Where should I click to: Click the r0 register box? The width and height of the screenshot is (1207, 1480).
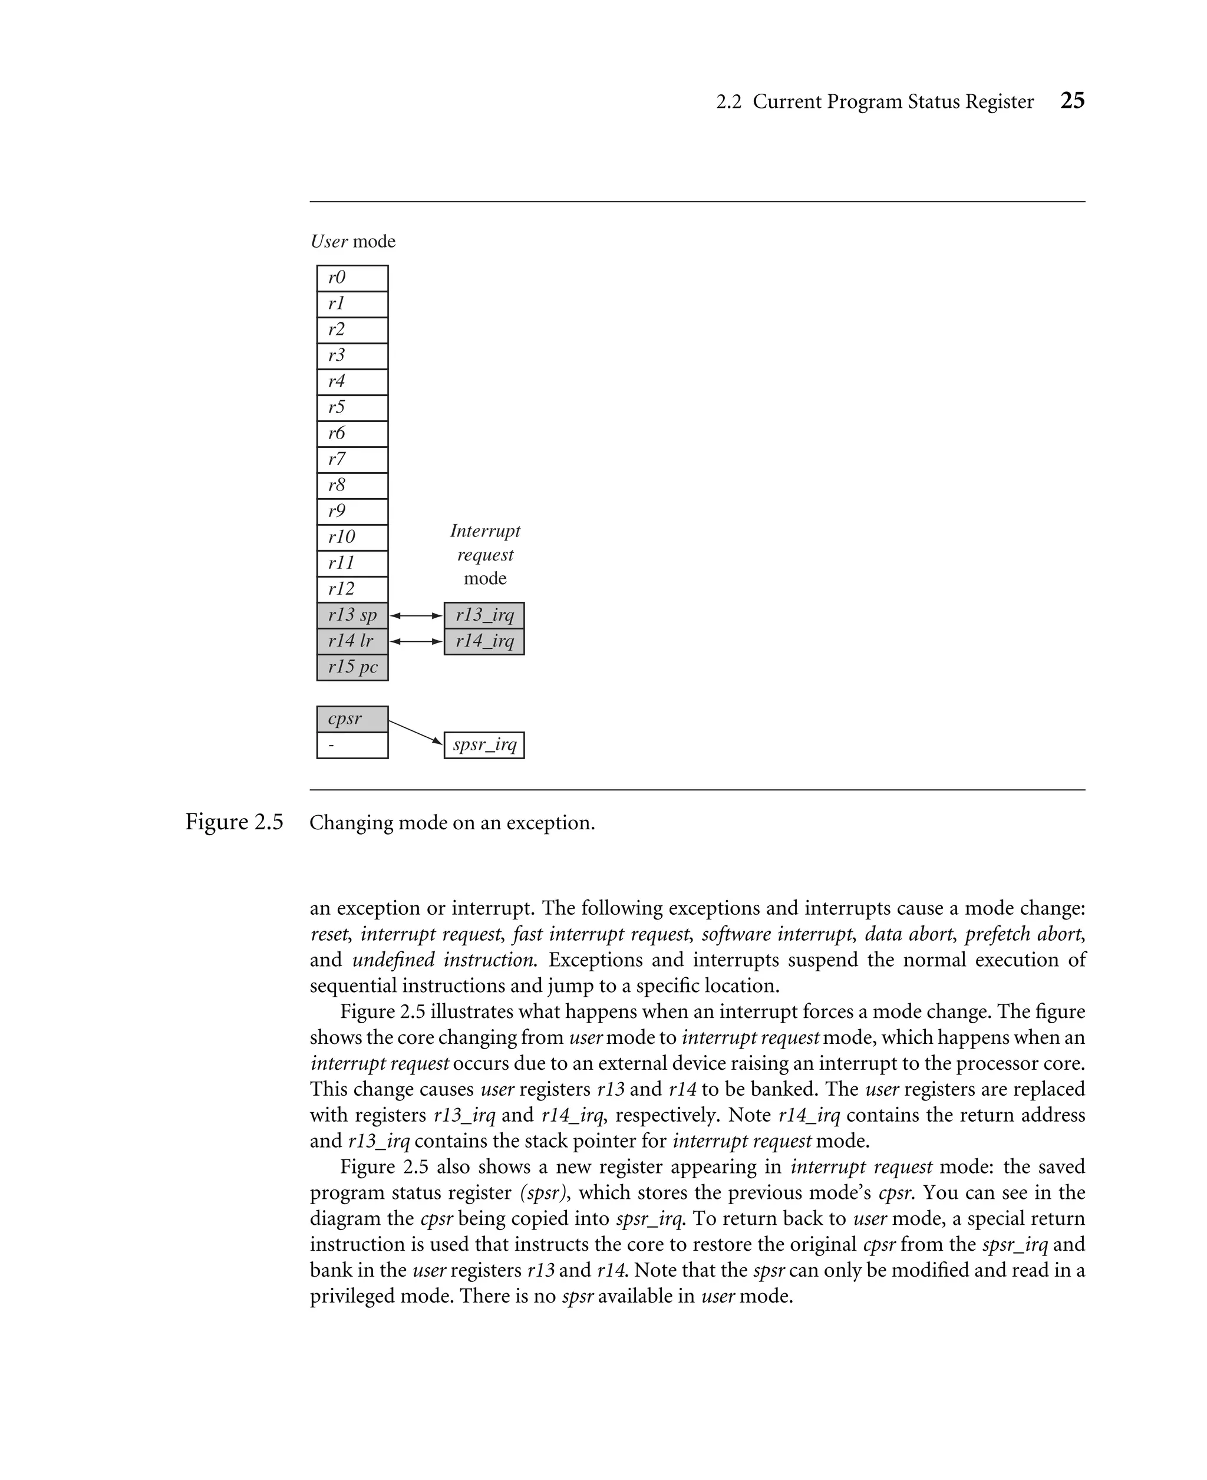point(352,278)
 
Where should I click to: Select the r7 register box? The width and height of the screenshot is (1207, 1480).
point(352,460)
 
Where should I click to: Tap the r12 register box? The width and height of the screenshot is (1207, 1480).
point(352,589)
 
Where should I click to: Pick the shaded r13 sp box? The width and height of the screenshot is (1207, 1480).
point(352,615)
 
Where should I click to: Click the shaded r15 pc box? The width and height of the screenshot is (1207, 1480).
point(352,667)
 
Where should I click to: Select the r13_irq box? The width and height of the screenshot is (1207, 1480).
point(484,615)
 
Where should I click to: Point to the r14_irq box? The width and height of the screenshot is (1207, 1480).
point(484,641)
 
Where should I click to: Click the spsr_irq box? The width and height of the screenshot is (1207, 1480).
point(484,745)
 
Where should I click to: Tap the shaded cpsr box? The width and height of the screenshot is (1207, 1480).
point(352,719)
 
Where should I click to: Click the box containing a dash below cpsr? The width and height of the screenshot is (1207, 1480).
point(352,745)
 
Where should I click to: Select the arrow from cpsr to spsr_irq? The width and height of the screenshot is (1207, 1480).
point(415,732)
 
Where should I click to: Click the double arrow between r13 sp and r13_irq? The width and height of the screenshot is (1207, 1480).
point(415,615)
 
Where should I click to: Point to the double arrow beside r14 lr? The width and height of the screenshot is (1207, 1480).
point(415,641)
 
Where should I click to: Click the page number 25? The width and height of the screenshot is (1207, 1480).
point(1072,101)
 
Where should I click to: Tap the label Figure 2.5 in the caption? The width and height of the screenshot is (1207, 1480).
point(235,822)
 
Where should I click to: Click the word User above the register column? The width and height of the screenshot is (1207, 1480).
point(329,241)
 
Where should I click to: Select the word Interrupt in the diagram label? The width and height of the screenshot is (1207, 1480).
point(484,531)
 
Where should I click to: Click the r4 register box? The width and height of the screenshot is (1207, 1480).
point(352,382)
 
